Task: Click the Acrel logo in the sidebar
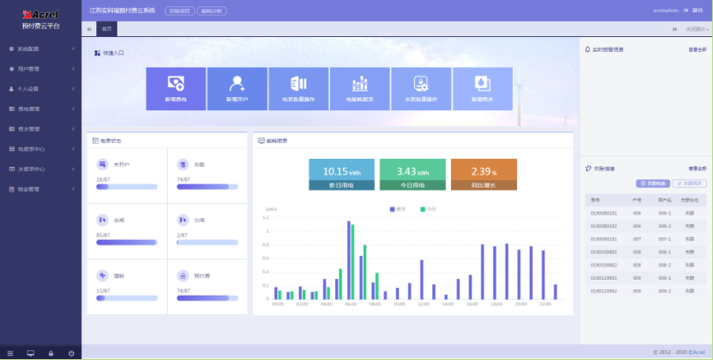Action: (x=40, y=15)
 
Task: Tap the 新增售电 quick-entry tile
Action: (x=176, y=88)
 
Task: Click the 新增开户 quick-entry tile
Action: (x=236, y=88)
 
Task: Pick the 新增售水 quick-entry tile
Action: (x=482, y=88)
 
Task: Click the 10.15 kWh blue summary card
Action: (x=341, y=175)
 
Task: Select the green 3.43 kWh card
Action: (x=412, y=175)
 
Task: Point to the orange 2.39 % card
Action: (x=484, y=175)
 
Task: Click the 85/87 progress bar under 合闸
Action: (x=127, y=242)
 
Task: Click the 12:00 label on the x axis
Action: (x=423, y=304)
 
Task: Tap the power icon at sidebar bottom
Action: (x=71, y=353)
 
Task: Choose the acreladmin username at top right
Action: (x=664, y=10)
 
